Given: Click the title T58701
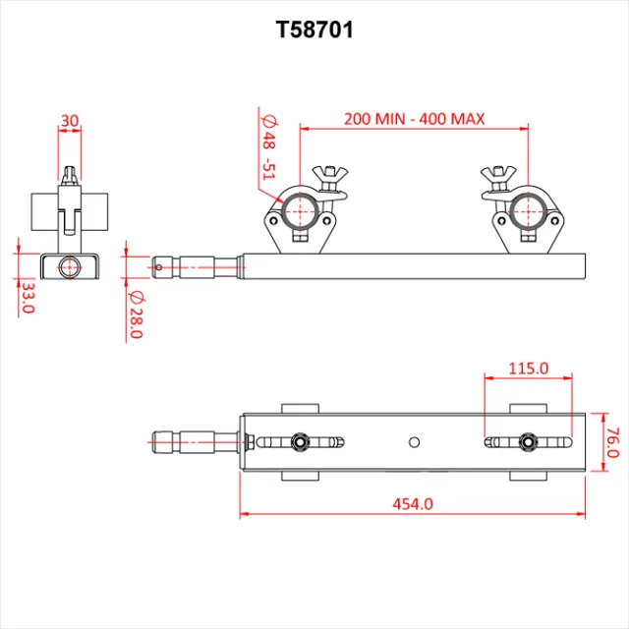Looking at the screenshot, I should (314, 30).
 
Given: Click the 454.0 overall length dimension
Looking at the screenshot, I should (413, 503).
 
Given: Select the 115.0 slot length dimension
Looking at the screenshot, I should (528, 369).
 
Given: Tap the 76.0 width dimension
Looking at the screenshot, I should (611, 441).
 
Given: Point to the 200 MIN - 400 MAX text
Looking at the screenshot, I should (414, 119).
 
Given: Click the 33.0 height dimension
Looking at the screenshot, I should (28, 296).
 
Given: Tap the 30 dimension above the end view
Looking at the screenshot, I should (69, 121).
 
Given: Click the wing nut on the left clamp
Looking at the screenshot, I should (327, 177).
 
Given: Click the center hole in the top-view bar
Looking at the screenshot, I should (415, 441).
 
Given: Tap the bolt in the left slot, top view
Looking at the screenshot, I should (299, 442).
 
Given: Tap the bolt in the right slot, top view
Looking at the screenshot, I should (528, 442).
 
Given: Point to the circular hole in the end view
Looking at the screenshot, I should (69, 266).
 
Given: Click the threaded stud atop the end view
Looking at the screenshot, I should (69, 176).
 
